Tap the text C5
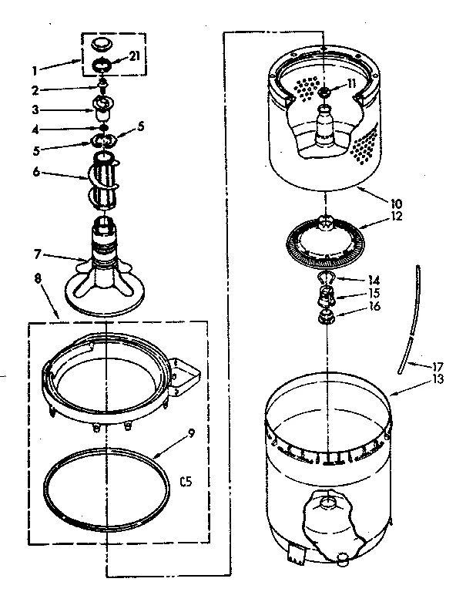click(185, 483)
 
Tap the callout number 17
click(416, 366)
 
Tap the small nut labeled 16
click(329, 315)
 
